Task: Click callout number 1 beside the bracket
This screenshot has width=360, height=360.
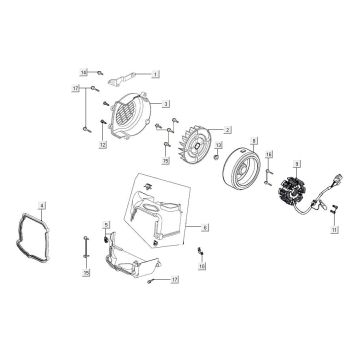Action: point(156,75)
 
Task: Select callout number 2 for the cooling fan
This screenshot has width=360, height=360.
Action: point(229,131)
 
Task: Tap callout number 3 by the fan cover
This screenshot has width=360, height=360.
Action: point(166,103)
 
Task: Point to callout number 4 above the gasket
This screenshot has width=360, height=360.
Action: point(43,204)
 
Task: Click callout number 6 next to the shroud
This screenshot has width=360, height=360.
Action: point(206,229)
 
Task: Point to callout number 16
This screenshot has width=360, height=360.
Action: point(201,267)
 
